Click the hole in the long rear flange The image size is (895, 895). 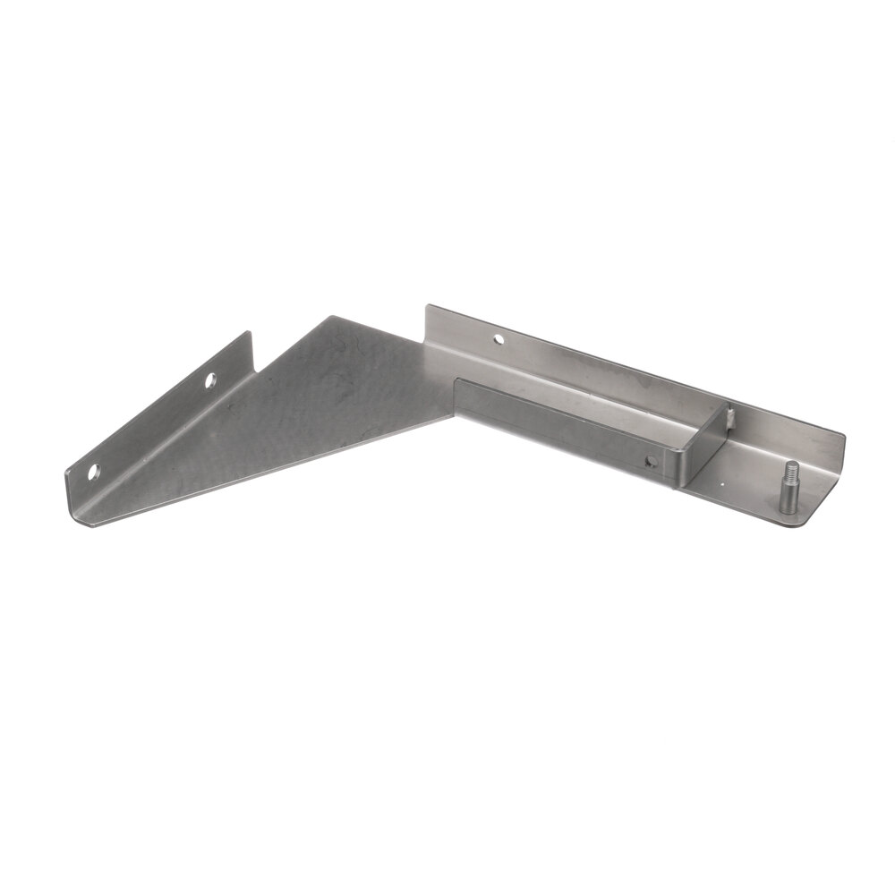[x=498, y=340]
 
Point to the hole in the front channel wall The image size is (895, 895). [x=651, y=462]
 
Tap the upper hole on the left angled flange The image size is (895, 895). [x=210, y=380]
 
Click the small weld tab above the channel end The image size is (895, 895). [x=730, y=415]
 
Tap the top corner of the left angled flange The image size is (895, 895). [x=250, y=334]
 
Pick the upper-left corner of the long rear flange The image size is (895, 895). [x=427, y=307]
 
